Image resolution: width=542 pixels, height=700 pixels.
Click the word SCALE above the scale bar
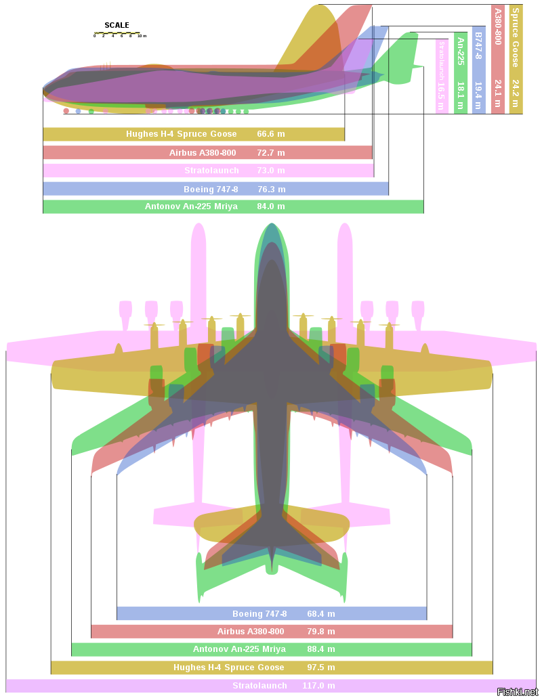click(x=117, y=26)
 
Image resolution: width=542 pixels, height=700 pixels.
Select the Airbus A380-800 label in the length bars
click(x=203, y=152)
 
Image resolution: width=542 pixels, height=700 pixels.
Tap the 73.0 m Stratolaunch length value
click(x=271, y=171)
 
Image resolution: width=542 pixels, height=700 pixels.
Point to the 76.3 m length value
click(x=272, y=189)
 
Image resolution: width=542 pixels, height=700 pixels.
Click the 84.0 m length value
click(x=271, y=206)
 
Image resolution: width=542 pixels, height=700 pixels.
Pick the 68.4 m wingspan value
click(x=321, y=613)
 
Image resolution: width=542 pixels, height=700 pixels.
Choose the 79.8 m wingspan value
click(x=321, y=632)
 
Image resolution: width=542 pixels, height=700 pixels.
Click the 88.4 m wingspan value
click(x=321, y=649)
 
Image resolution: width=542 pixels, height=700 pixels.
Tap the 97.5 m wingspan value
click(x=321, y=668)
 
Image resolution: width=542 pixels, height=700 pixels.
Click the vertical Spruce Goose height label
click(x=516, y=37)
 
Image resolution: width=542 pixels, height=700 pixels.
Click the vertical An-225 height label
click(x=461, y=51)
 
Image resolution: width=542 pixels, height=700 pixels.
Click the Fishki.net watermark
click(x=518, y=691)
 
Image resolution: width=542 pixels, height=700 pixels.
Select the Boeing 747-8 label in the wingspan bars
click(x=259, y=613)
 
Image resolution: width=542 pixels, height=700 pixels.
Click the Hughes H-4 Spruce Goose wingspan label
click(x=229, y=668)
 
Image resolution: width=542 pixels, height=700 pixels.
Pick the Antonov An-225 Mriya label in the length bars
click(x=191, y=206)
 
